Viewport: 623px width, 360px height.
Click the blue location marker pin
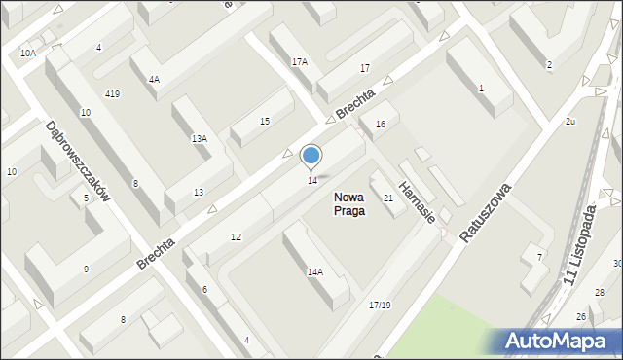point(311,157)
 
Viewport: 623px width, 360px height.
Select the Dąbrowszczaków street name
point(78,161)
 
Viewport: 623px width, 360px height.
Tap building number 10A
point(27,54)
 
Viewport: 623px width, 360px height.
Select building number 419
point(112,94)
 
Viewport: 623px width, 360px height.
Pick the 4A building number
point(154,80)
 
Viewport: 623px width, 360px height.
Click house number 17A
point(299,61)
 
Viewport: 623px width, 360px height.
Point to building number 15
point(265,121)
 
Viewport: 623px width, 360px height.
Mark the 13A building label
point(199,139)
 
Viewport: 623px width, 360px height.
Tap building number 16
point(381,124)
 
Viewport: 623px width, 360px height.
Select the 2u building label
point(570,121)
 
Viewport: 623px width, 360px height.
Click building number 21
point(387,198)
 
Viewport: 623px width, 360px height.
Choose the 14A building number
point(314,272)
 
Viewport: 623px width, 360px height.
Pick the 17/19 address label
point(380,306)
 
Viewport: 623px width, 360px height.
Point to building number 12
point(236,237)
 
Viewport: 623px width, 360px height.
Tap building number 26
point(580,317)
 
